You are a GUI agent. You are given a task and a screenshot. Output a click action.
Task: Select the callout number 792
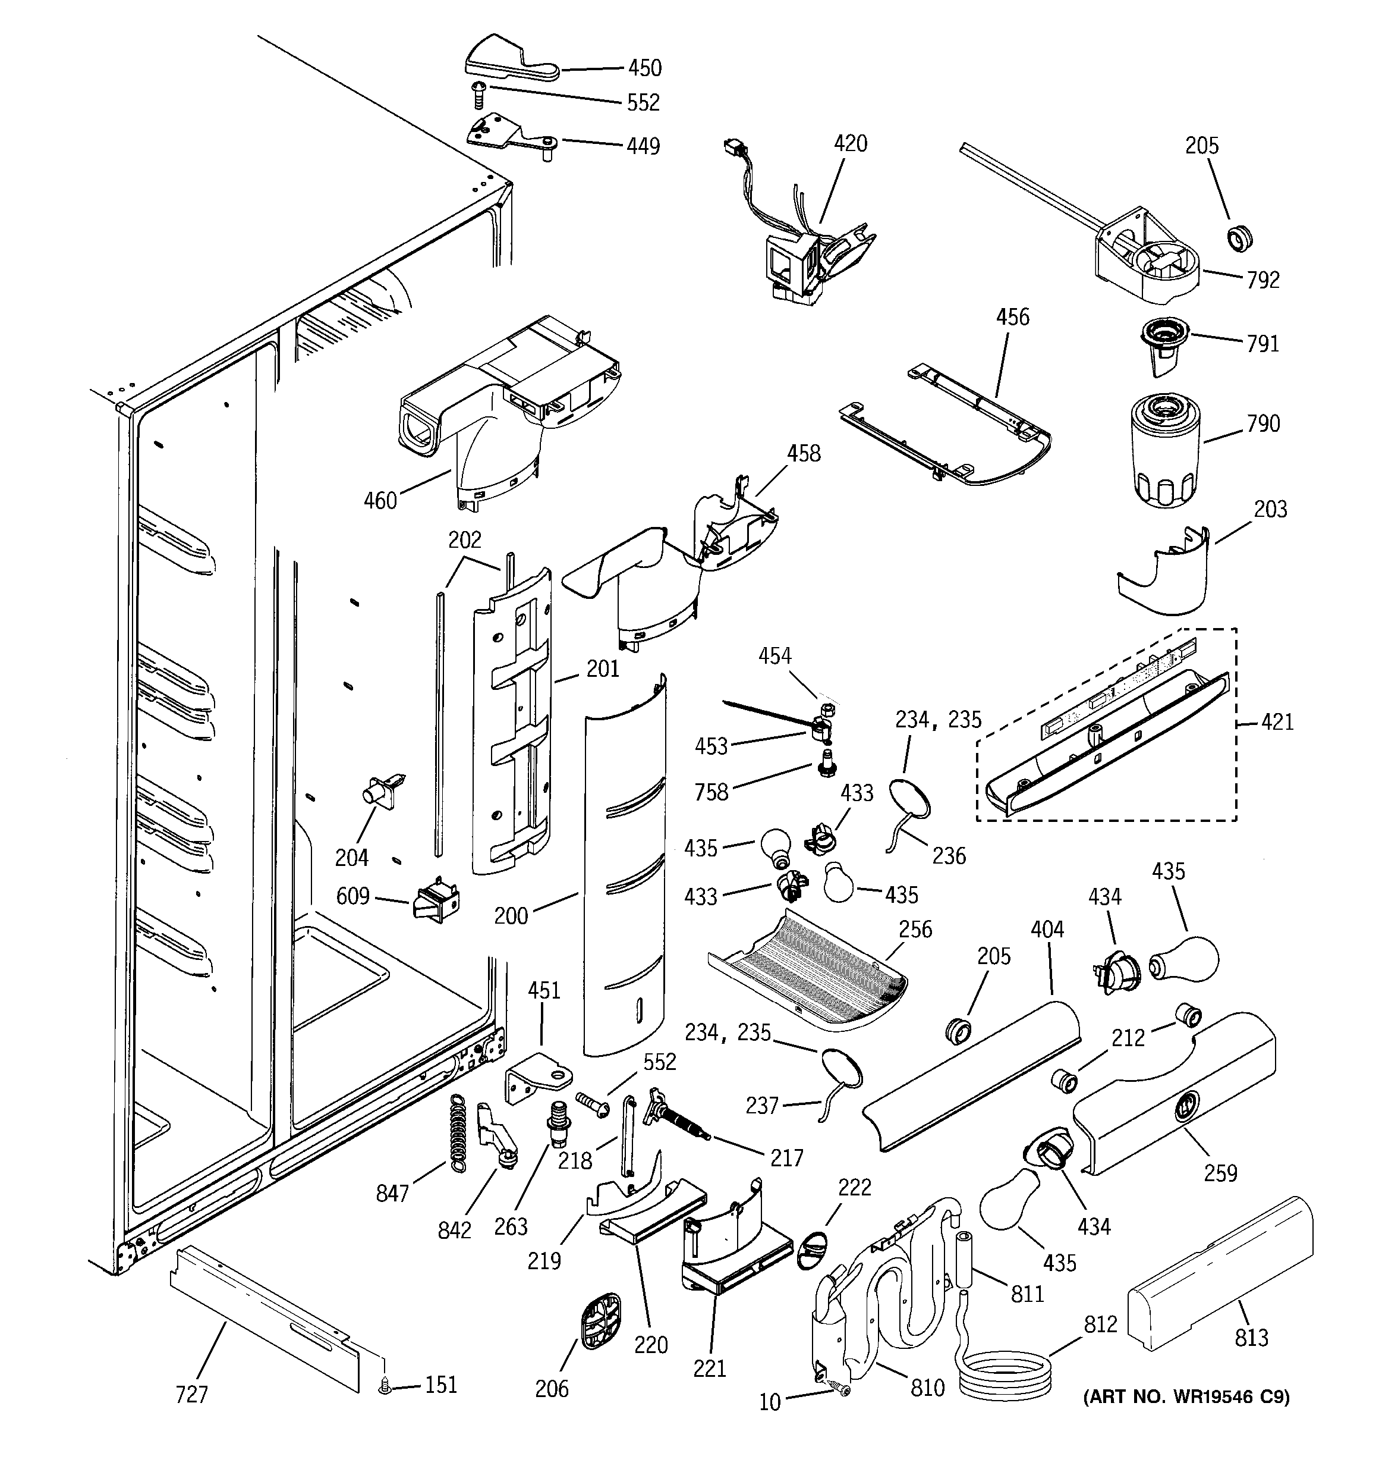pos(1262,280)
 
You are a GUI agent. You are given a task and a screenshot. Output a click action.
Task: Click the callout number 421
pos(1277,721)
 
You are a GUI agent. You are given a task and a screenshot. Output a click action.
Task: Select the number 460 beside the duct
pos(380,501)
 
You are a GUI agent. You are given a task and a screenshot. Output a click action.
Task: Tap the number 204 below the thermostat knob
pos(352,858)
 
